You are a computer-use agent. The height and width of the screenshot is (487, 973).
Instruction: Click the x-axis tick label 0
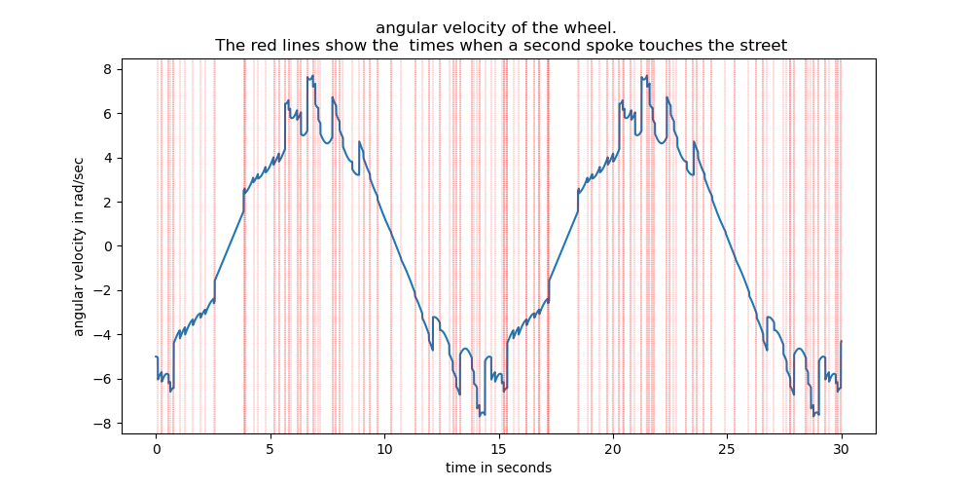coord(156,450)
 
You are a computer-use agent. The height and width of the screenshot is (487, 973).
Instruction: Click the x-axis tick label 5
coord(270,450)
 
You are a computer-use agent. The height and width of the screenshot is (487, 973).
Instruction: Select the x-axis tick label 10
coord(384,450)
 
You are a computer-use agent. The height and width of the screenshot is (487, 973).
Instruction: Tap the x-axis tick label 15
coord(498,450)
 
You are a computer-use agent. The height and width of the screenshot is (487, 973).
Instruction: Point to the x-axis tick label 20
coord(613,450)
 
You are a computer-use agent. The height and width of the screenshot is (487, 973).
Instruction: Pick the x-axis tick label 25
coord(727,450)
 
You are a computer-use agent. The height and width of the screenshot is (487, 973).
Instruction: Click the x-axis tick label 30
coord(841,450)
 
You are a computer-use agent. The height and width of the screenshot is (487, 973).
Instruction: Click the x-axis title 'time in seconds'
coord(498,468)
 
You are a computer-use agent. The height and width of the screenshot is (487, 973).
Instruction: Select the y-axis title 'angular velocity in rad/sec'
coord(79,246)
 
